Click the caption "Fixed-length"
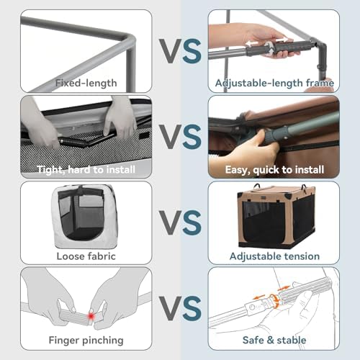click(x=86, y=83)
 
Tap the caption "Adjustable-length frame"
click(x=274, y=83)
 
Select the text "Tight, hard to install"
click(x=86, y=170)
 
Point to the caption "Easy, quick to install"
click(x=274, y=170)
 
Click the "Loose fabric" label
click(x=86, y=256)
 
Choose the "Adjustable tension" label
click(x=274, y=256)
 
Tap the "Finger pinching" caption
click(x=86, y=341)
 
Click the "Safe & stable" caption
click(x=274, y=340)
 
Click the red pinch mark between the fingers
click(x=91, y=316)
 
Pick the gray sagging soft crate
click(x=84, y=217)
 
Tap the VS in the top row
click(x=180, y=51)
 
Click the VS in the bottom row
click(x=180, y=308)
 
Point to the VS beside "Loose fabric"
click(x=180, y=222)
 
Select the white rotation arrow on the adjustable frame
click(x=269, y=48)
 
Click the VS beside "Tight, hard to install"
click(x=180, y=137)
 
